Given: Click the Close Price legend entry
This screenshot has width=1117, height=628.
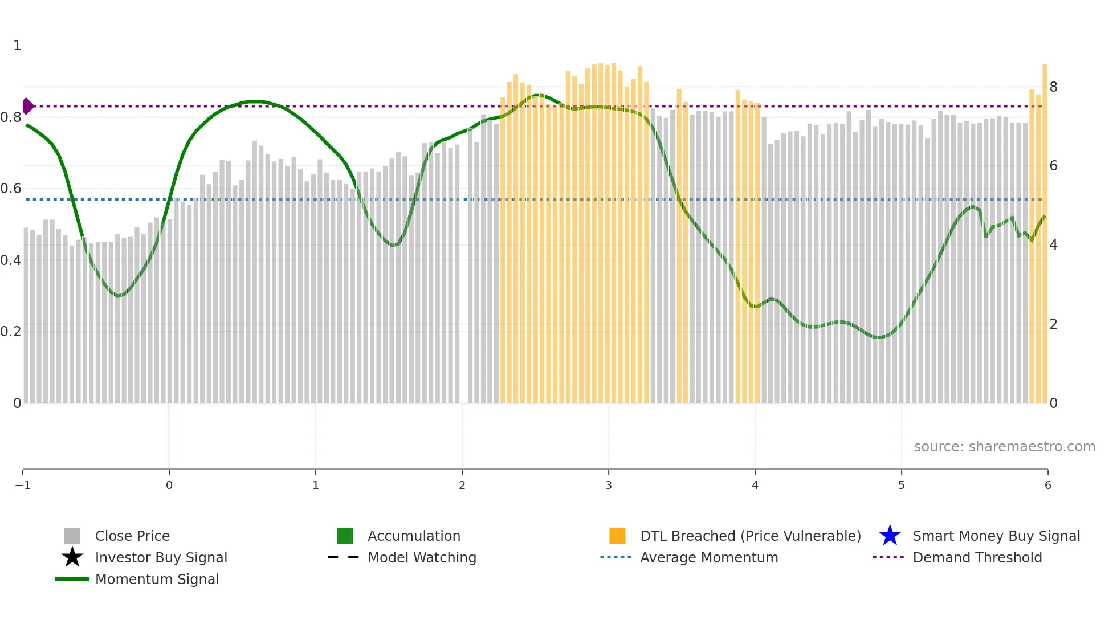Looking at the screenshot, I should tap(132, 536).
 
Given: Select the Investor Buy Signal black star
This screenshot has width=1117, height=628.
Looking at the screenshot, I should tap(72, 557).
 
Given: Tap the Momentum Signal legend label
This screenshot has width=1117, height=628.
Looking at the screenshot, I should tap(157, 579).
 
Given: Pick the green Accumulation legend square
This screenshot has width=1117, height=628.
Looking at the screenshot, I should tap(345, 536).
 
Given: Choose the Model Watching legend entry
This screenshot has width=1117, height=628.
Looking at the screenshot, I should tap(421, 557).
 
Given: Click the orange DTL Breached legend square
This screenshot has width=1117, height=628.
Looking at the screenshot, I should tap(617, 536).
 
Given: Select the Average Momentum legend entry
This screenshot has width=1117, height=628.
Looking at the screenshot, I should tap(708, 557).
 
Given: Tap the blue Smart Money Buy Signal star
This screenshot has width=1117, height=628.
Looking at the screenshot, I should tap(890, 536).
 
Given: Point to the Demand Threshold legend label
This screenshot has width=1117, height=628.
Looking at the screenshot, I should tap(977, 557).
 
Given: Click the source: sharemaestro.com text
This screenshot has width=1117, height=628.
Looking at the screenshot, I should tap(1004, 446).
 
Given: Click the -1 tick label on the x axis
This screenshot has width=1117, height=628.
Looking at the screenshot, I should tap(23, 485).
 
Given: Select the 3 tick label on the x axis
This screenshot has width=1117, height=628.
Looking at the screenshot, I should tap(609, 485).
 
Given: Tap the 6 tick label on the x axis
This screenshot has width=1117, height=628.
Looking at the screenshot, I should tap(1047, 485).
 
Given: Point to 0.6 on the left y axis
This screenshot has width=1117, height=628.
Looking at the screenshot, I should tap(11, 189).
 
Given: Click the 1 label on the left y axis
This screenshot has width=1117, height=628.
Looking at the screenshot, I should tap(17, 46).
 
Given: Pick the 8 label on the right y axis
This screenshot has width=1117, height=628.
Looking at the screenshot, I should tap(1053, 87).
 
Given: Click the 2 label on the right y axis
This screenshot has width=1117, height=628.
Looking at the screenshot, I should tap(1053, 324).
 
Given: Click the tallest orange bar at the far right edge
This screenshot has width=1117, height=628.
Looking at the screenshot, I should tap(1045, 228).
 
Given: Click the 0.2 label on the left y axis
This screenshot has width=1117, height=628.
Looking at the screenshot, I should tap(11, 332).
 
